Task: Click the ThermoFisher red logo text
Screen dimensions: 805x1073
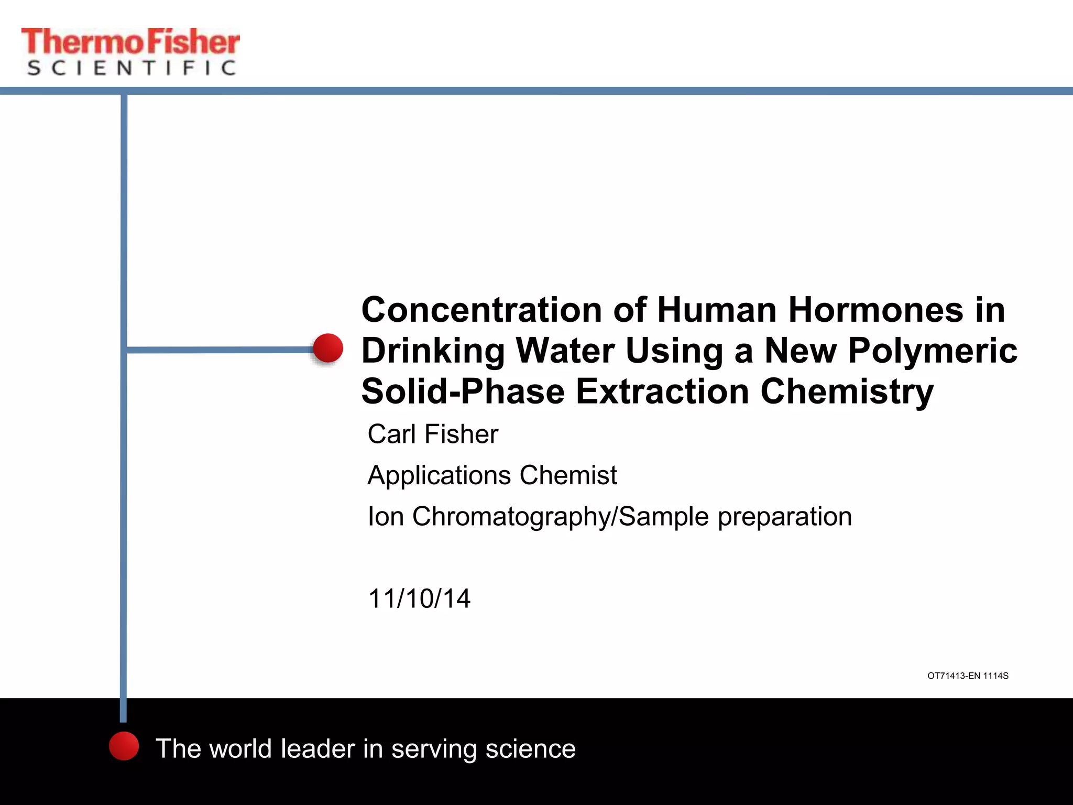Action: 130,42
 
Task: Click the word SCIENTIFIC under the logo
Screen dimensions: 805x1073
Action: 132,68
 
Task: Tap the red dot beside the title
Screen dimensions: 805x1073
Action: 328,348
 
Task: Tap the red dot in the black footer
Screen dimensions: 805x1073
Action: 124,746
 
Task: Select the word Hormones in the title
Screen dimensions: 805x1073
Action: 875,310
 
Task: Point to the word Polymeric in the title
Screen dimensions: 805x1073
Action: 933,351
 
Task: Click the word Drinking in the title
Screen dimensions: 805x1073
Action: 433,351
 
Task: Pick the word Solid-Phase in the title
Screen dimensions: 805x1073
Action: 463,391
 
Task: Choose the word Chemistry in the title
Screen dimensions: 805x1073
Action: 847,391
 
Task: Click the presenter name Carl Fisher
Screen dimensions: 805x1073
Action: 433,434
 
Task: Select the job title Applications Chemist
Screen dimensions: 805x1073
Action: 492,475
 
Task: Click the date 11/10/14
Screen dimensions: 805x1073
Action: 419,599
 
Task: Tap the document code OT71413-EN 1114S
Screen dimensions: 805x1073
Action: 968,676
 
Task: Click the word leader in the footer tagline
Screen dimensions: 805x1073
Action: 317,748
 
